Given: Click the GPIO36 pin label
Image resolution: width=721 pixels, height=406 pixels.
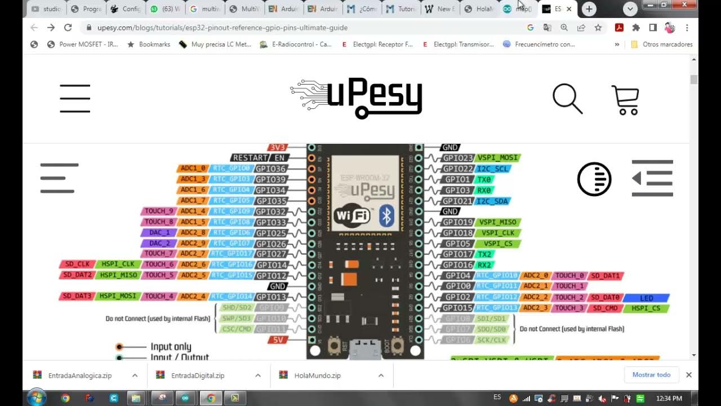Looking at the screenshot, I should coord(271,169).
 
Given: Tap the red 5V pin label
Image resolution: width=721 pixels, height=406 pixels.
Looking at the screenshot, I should coord(278,340).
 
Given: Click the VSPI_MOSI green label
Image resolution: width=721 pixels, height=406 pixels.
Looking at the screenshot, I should coord(498,158).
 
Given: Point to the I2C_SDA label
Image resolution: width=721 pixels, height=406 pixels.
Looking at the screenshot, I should coord(492,201).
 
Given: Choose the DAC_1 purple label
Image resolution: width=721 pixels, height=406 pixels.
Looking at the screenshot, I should coord(159,232).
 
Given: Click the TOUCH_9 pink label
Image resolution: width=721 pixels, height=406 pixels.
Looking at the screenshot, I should coord(159,211).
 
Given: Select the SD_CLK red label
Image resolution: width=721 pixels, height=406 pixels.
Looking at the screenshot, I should coord(77,264).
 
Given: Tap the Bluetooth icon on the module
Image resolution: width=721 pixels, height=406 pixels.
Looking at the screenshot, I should coord(386,215).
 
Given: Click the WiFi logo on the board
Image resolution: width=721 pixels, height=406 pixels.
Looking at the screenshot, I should coord(352,216).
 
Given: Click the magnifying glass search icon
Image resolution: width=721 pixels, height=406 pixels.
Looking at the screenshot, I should coord(567,99).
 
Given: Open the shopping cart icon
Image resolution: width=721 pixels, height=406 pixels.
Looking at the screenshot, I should coord(625,100).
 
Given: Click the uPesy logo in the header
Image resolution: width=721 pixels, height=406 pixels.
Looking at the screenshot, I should coord(357,98).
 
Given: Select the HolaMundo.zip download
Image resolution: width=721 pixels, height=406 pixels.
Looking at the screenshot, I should coord(317,376).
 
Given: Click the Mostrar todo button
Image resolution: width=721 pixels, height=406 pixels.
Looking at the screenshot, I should coord(651,375).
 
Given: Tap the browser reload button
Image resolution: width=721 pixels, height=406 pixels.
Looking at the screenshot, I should coord(68,27).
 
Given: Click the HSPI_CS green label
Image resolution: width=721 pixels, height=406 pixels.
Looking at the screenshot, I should coord(649,308).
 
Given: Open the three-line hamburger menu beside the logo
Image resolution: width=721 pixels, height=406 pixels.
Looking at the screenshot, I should coord(75,98).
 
